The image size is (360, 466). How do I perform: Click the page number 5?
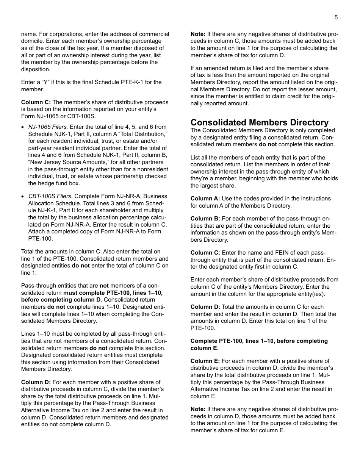[x=336, y=17]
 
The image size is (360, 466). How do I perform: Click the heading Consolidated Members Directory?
[x=260, y=122]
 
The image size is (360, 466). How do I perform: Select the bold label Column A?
[x=205, y=199]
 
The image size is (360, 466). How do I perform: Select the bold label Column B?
[x=205, y=219]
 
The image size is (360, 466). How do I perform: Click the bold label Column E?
[x=205, y=361]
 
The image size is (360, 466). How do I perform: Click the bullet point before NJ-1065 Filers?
[x=23, y=127]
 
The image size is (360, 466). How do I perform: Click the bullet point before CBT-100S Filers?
[x=23, y=197]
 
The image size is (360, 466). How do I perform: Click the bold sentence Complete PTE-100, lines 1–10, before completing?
[x=259, y=341]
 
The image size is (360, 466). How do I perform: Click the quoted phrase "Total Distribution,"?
[x=142, y=134]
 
